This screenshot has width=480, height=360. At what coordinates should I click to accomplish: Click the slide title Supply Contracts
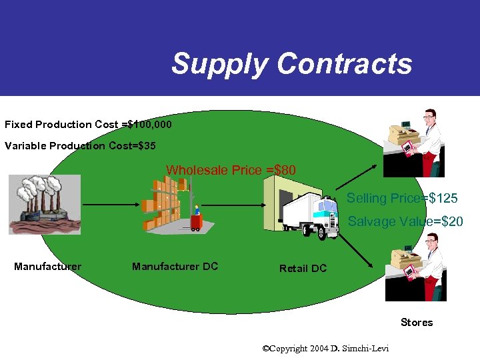coord(291,64)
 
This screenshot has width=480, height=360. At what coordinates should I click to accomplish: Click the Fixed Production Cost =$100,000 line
coord(88,125)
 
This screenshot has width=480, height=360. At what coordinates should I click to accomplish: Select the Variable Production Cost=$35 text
coord(80,146)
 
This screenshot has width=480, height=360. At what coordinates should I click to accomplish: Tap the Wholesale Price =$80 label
coord(231,170)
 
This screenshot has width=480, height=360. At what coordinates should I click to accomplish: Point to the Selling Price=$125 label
coord(402,198)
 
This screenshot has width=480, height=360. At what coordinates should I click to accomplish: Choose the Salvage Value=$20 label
coord(405,221)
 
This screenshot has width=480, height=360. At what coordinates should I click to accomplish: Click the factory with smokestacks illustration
coord(44,204)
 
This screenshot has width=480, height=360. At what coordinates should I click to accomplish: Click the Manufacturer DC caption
coord(175,267)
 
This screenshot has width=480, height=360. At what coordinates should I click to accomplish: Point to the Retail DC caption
coord(303,268)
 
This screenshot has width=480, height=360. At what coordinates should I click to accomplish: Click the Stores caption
coord(417,323)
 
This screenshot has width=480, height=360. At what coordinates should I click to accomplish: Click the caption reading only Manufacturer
coord(47,267)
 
